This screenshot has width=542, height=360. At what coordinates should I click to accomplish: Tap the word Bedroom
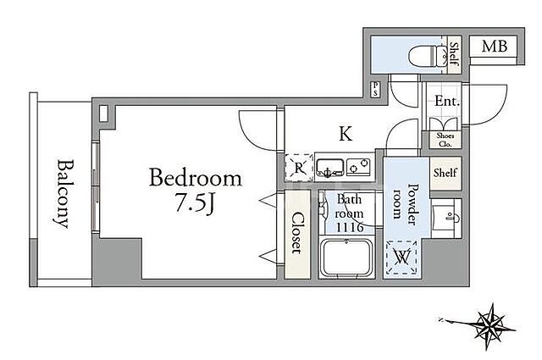196,178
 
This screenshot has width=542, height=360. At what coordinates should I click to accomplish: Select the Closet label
297,234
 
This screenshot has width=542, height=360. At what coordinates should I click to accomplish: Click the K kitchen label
346,134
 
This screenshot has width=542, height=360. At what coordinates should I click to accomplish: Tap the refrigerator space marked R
299,168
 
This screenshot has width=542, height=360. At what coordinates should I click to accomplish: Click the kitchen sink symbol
330,168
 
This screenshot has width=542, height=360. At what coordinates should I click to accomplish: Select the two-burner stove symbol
358,167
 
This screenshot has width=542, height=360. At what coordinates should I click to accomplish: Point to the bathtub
346,257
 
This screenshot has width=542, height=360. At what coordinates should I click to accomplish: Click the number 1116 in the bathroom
350,227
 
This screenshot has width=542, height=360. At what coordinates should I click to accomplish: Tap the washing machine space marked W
401,258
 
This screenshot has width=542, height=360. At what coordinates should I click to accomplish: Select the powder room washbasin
446,218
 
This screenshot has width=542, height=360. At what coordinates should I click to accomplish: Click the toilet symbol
428,56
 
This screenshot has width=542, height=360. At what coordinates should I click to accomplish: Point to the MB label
495,46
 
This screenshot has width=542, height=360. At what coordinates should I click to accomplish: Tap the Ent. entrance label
447,102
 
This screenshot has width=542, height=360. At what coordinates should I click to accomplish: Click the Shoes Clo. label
445,140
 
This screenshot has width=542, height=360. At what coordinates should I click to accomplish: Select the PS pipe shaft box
376,89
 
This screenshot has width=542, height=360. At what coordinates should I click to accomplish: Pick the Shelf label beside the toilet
454,54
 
